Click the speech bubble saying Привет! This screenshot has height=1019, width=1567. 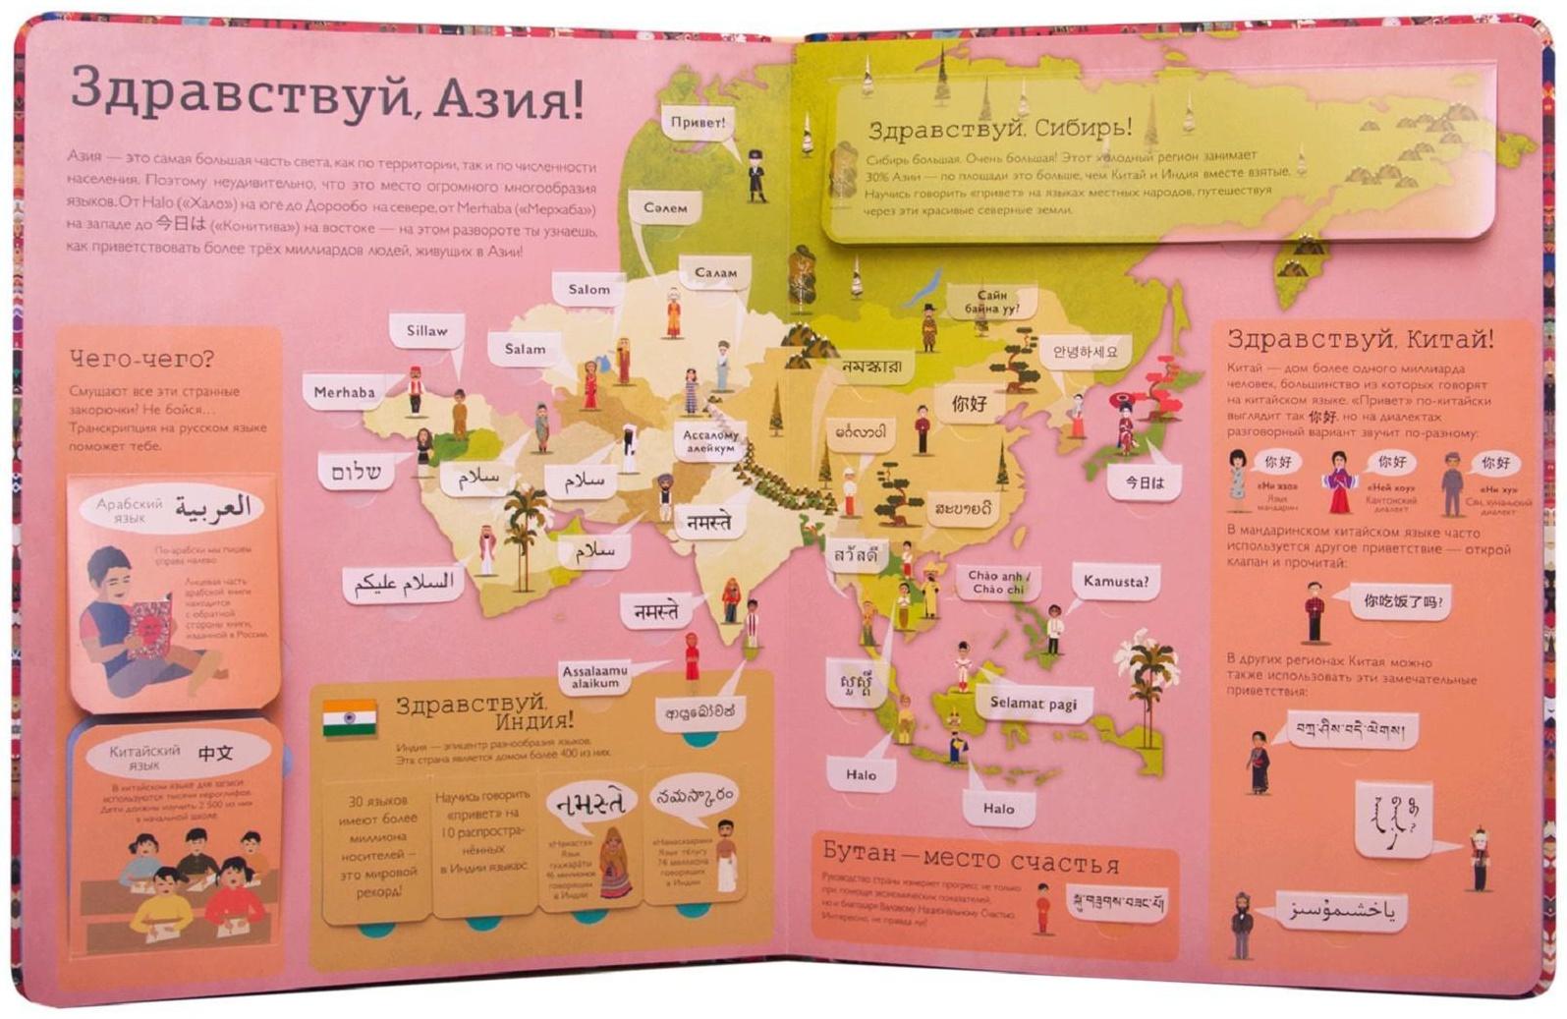click(x=698, y=123)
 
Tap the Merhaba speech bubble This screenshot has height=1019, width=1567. click(x=344, y=392)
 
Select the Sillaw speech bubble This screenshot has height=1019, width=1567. click(x=426, y=331)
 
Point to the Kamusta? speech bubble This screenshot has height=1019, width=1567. click(x=1115, y=582)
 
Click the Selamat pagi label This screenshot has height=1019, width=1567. click(x=1033, y=704)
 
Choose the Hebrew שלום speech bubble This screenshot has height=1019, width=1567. click(x=356, y=472)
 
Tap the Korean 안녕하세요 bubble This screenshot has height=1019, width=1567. click(x=1085, y=352)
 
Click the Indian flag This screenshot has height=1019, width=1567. click(x=350, y=719)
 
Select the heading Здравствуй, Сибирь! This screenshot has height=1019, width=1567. click(x=999, y=129)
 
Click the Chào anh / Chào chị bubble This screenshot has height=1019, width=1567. click(x=996, y=583)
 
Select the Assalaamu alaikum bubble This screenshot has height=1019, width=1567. click(x=595, y=676)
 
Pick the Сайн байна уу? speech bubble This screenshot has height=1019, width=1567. click(x=991, y=302)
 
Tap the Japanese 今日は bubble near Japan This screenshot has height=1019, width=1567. click(x=1144, y=482)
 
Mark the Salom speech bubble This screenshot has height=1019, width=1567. click(x=588, y=290)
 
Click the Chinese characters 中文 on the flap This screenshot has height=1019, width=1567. click(x=215, y=754)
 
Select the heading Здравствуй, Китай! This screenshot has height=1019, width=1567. click(x=1360, y=340)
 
